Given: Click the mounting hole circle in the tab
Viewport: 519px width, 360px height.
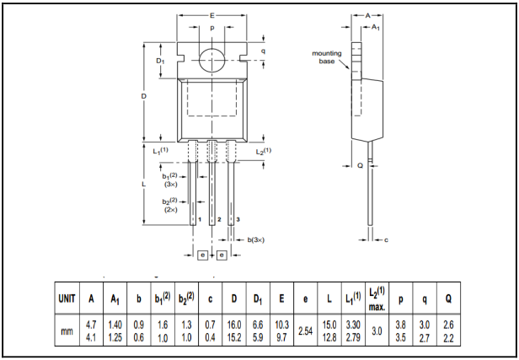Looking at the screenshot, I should [x=211, y=60].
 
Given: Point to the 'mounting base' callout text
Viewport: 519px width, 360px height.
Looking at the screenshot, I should [x=327, y=57].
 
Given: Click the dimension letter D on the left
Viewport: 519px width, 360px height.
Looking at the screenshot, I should [x=144, y=97].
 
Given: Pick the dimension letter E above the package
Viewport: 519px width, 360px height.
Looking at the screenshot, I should [x=211, y=15].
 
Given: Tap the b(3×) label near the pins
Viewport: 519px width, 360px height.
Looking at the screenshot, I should [x=256, y=240].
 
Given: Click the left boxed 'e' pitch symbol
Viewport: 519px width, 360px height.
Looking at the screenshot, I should [x=203, y=254].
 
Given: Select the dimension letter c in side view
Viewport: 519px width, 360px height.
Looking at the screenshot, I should [x=386, y=240].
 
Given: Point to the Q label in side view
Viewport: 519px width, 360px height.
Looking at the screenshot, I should [x=360, y=165].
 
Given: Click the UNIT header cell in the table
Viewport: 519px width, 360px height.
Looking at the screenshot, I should [x=67, y=298].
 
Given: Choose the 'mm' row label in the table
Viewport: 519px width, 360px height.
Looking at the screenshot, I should [x=67, y=331].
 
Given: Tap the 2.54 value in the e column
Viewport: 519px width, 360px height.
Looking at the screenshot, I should [x=305, y=331].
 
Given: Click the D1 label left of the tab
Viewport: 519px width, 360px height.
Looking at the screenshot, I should [x=160, y=62].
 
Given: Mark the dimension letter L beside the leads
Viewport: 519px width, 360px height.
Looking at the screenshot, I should [x=144, y=183].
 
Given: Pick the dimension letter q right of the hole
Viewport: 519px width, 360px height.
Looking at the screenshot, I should [x=262, y=51].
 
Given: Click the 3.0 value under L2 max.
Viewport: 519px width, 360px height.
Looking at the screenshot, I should [x=377, y=331].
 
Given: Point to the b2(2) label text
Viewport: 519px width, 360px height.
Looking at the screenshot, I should [x=170, y=201].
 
